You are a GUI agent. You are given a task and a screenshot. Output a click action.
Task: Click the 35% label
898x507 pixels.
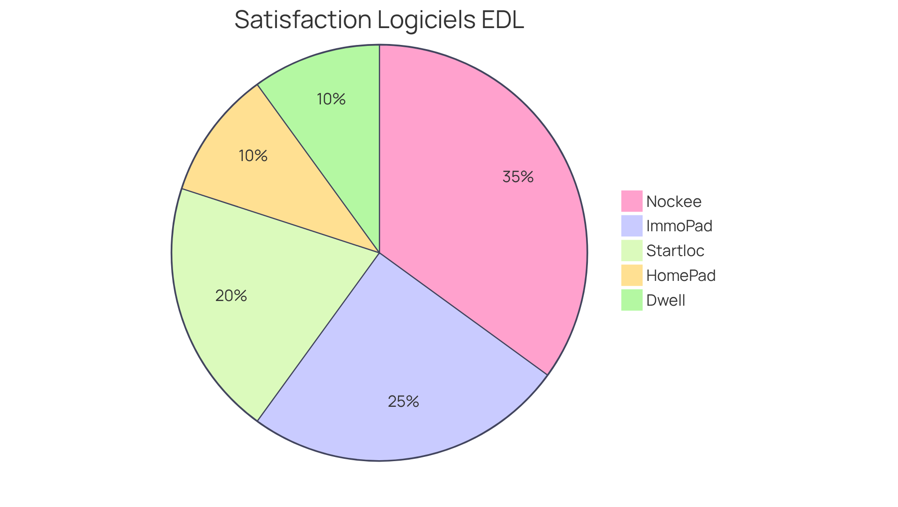(518, 177)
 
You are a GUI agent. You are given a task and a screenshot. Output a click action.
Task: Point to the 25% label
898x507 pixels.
(403, 402)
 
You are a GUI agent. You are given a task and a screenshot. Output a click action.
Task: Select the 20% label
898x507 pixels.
(231, 296)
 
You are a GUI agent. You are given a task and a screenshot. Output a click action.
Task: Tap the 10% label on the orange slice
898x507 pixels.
(253, 156)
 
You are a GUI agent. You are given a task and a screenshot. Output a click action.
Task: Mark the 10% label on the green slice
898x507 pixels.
(331, 99)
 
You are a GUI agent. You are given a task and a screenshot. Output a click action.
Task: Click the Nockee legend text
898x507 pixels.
(673, 202)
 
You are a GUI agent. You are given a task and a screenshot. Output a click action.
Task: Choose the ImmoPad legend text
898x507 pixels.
(679, 226)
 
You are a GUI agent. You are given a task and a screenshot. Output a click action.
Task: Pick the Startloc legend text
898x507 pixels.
(675, 251)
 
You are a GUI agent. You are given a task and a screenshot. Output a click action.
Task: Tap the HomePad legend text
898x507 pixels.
(681, 276)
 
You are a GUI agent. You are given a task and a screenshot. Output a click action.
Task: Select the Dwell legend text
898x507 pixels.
(666, 301)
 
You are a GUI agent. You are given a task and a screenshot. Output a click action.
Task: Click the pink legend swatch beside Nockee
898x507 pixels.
(631, 201)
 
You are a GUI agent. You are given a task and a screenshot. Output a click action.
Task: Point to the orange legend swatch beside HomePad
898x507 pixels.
(631, 275)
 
